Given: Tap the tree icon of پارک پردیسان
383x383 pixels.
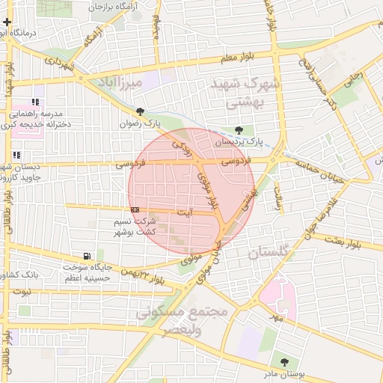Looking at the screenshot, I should click(239, 129).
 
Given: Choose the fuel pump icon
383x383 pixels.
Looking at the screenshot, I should click(91, 256).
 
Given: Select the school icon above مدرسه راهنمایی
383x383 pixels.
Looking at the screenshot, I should click(35, 102).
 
